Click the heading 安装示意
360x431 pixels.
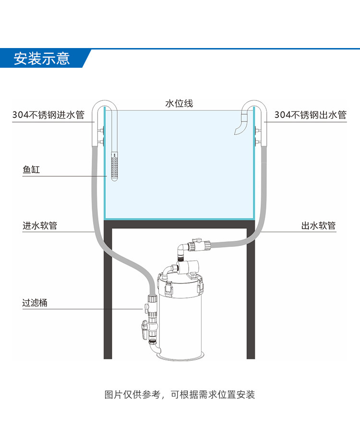point(42,59)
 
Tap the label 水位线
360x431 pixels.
point(179,103)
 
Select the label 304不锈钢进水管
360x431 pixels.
point(48,115)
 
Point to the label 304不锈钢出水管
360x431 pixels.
point(310,115)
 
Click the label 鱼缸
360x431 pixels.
point(31,170)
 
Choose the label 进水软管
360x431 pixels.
point(40,225)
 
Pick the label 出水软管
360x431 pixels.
point(318,225)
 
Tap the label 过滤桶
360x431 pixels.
point(35,303)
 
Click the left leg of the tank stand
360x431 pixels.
point(108,298)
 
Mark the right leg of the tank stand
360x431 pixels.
point(251,298)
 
